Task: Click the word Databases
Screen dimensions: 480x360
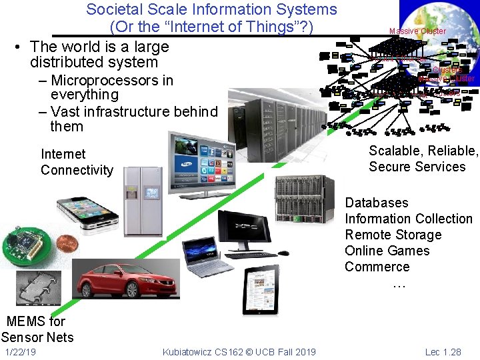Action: (377, 203)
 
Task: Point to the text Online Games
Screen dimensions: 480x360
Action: (387, 251)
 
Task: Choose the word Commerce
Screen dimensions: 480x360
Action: (377, 267)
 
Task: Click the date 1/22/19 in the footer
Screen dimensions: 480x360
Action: (20, 352)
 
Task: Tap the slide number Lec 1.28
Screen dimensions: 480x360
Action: (443, 352)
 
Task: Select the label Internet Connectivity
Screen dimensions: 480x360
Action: (77, 162)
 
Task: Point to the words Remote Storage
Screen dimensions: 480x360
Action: (393, 235)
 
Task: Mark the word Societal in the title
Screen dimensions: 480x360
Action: (111, 10)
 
